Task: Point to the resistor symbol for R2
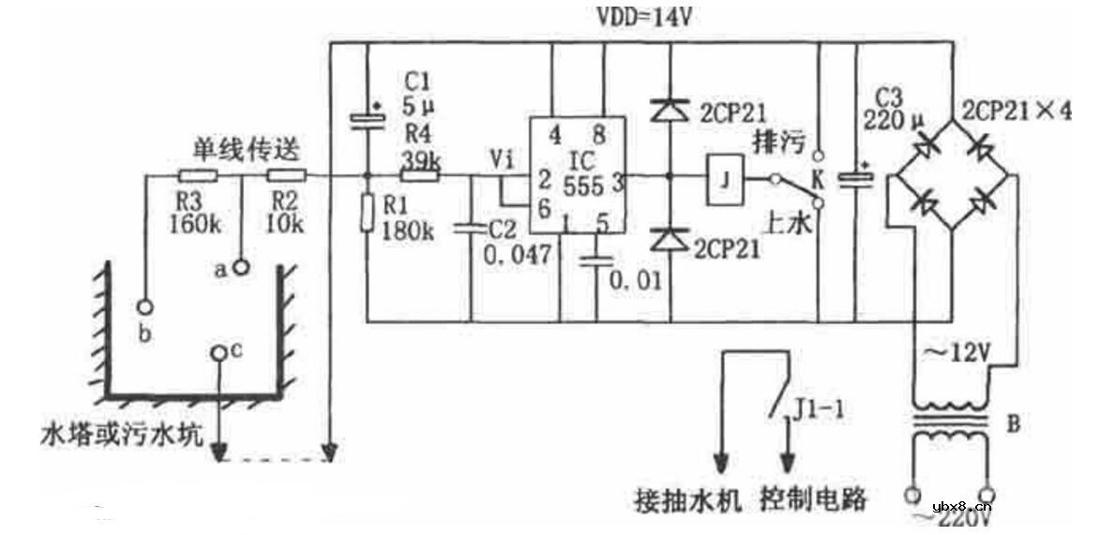point(287,176)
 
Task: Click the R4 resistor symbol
point(420,176)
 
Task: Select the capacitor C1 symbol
point(367,119)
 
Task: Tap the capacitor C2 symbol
point(470,228)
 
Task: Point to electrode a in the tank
point(241,268)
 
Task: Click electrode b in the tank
point(143,305)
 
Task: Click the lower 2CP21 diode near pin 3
point(668,242)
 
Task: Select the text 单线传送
point(233,151)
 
